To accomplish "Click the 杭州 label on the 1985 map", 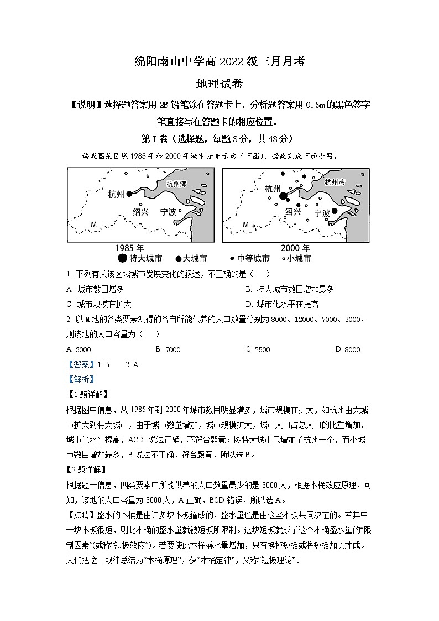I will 117,194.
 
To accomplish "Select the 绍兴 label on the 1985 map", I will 141,212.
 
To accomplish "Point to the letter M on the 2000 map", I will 246,225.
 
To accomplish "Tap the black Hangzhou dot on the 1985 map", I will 129,194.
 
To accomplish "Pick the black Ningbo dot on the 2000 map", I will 335,211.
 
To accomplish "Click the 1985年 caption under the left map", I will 133,248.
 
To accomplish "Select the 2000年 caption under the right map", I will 294,248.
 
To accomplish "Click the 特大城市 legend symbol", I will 122,258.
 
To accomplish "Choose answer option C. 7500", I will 258,349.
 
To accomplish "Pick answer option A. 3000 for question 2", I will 78,349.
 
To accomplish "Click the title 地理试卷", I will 219,84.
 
